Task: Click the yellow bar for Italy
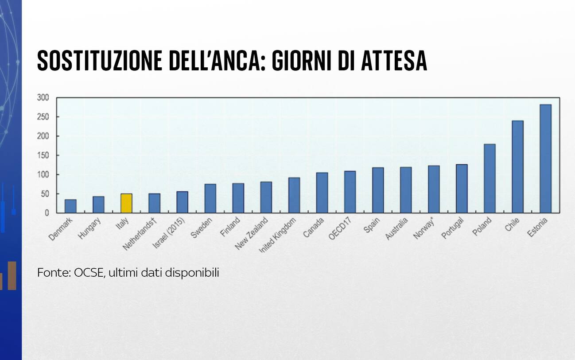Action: pos(126,203)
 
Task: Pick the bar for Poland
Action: pos(490,178)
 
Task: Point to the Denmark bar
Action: pos(70,206)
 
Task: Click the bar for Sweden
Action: pos(210,198)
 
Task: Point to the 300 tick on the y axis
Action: pos(43,97)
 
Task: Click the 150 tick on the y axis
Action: pos(43,155)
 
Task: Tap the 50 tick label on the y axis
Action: pos(45,194)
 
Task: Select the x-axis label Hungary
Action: pos(90,228)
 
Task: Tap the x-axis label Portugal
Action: pos(453,228)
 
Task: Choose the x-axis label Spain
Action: pos(371,225)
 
